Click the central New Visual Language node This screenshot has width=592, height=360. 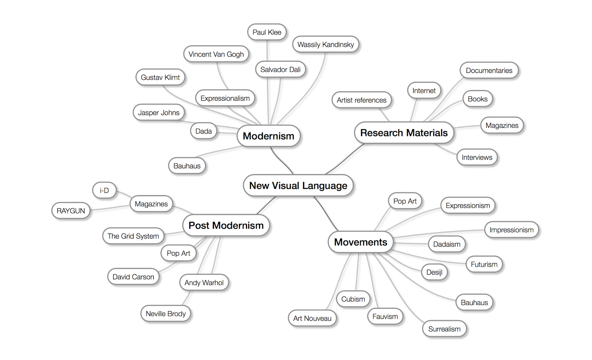(298, 185)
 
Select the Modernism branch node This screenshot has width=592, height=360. (268, 136)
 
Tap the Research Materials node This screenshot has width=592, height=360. (404, 133)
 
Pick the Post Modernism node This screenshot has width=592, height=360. (226, 225)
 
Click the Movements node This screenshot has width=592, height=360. (360, 242)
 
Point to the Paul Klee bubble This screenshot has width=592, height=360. (267, 32)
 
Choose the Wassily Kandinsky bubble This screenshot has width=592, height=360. (326, 44)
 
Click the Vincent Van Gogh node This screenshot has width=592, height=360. (216, 54)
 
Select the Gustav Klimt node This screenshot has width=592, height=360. (160, 77)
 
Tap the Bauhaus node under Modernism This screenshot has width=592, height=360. (187, 166)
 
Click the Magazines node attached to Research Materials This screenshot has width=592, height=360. (502, 125)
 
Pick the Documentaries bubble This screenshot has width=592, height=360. (489, 70)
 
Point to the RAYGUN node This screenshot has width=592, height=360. (71, 211)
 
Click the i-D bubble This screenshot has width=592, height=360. (104, 191)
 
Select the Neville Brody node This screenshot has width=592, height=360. (165, 314)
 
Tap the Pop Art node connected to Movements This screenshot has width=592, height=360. (405, 201)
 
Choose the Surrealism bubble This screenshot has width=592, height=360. (444, 329)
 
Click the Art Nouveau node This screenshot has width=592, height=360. (312, 318)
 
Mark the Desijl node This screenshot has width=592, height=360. (434, 272)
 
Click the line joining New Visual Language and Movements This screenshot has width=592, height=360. (326, 214)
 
